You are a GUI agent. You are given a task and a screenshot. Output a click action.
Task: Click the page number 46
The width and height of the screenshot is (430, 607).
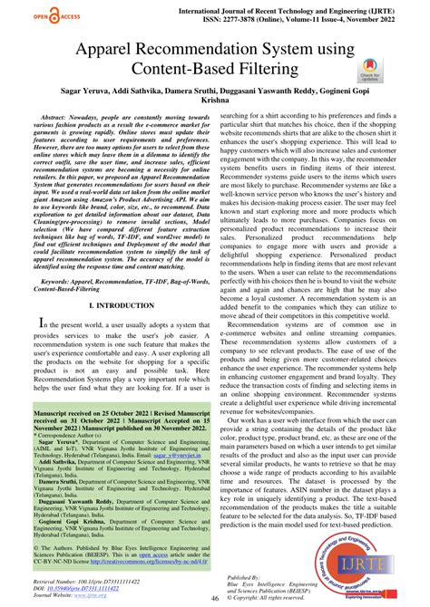click(215, 596)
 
